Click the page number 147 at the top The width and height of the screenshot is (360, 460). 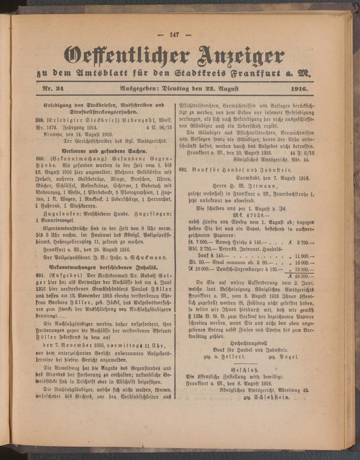coord(174,35)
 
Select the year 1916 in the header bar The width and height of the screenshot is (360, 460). coord(297,88)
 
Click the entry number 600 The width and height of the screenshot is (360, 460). coord(40,158)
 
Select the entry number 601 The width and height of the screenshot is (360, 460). coord(40,275)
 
